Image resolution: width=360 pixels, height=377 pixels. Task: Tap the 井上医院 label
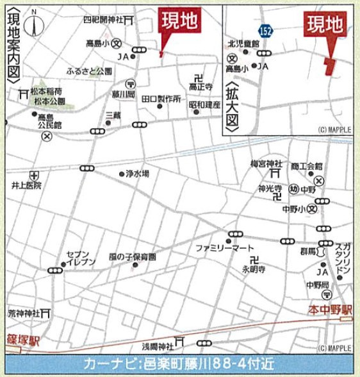pyautogui.click(x=26, y=185)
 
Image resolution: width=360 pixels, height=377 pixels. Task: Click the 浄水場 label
pyautogui.click(x=138, y=173)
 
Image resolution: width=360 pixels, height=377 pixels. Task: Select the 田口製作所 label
pyautogui.click(x=161, y=99)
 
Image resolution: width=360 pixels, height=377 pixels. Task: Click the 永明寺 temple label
pyautogui.click(x=253, y=270)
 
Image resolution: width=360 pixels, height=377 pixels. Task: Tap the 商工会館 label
pyautogui.click(x=306, y=166)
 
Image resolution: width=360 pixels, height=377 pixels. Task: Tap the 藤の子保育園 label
pyautogui.click(x=132, y=256)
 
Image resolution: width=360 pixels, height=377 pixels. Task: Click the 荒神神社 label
pyautogui.click(x=24, y=313)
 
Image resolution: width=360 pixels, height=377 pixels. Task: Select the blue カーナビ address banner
pyautogui.click(x=179, y=363)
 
